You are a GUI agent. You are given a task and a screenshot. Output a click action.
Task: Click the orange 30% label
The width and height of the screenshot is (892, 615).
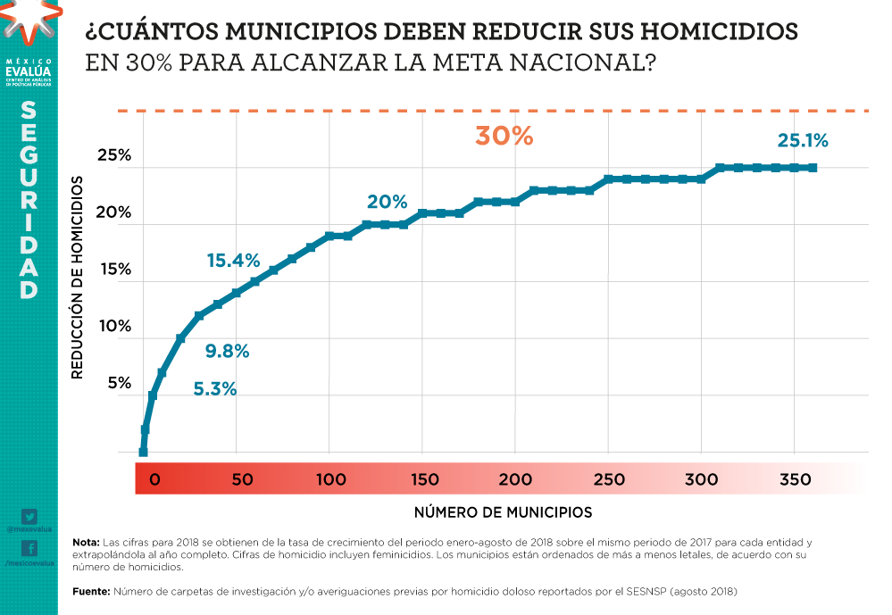pos(504,137)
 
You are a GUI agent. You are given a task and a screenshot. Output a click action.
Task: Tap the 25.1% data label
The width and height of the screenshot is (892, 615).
pos(803,140)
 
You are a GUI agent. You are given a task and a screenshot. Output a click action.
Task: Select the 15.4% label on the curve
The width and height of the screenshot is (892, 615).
pos(233,261)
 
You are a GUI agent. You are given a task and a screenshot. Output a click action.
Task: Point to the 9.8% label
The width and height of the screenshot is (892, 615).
pos(227,351)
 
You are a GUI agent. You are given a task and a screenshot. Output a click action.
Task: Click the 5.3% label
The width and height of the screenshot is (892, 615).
pos(215,388)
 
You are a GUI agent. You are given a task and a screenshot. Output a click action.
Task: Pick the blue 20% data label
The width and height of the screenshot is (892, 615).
pos(387,202)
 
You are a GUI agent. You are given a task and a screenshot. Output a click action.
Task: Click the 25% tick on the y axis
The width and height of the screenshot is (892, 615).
pos(113,155)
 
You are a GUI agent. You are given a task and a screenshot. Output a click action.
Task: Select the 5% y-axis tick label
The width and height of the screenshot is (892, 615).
pos(119,383)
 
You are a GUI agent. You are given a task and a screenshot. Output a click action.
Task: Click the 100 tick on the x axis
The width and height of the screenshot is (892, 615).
pos(330,479)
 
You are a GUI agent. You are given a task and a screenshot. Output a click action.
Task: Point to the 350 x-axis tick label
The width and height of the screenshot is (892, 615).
pos(794,479)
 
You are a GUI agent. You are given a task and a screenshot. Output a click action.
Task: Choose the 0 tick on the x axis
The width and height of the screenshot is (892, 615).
pos(154,479)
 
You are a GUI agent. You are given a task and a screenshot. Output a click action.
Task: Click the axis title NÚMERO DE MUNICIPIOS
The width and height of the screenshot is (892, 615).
pos(503,512)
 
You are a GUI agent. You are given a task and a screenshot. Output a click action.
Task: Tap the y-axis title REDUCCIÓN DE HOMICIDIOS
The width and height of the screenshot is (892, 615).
pos(78,277)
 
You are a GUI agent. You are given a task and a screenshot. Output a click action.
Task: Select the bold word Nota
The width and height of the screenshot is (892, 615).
pos(86,543)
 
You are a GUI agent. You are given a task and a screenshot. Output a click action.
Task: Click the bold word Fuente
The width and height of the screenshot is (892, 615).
pos(91,591)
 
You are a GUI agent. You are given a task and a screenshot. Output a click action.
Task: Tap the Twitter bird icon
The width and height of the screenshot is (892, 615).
pos(29,517)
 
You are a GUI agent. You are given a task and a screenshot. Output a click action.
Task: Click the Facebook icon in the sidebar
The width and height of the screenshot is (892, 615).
pos(29,548)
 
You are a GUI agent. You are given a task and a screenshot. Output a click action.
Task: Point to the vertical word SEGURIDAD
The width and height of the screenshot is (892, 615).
pos(29,201)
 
